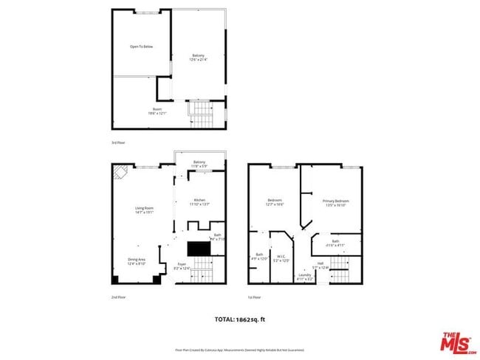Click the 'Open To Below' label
click(142, 46)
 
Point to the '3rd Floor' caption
click(118, 142)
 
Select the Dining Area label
click(137, 261)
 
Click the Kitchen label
click(199, 202)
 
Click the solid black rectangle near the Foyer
click(199, 249)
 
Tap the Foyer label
click(182, 266)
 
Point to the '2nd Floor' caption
click(118, 297)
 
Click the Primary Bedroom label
click(335, 203)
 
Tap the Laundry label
click(305, 277)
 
